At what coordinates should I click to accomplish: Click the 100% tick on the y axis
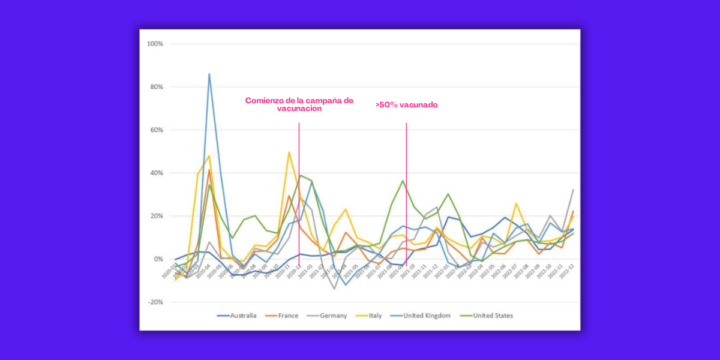pos(155,44)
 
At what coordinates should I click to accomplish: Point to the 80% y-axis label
pos(157,87)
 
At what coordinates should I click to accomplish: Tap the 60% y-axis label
pos(157,130)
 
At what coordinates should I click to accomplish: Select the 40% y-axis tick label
pos(157,173)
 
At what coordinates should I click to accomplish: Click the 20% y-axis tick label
pos(157,216)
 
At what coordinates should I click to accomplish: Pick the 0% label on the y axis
pos(158,259)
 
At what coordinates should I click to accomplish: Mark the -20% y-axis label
pos(156,302)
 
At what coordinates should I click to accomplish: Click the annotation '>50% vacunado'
pos(407,105)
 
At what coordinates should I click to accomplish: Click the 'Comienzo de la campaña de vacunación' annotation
pos(299,104)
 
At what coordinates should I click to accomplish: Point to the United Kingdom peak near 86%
pos(209,74)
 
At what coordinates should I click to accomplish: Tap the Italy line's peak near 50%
pos(289,152)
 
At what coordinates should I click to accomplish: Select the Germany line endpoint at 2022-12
pos(573,190)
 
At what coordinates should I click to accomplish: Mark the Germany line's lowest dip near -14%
pos(334,289)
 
